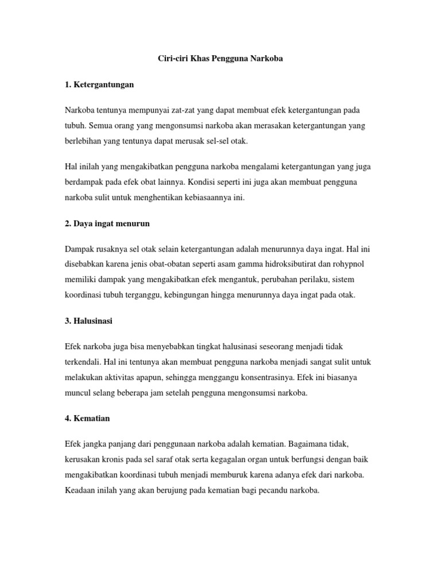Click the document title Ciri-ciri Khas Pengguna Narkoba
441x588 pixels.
[x=220, y=59]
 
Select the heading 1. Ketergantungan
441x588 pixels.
[x=99, y=84]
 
